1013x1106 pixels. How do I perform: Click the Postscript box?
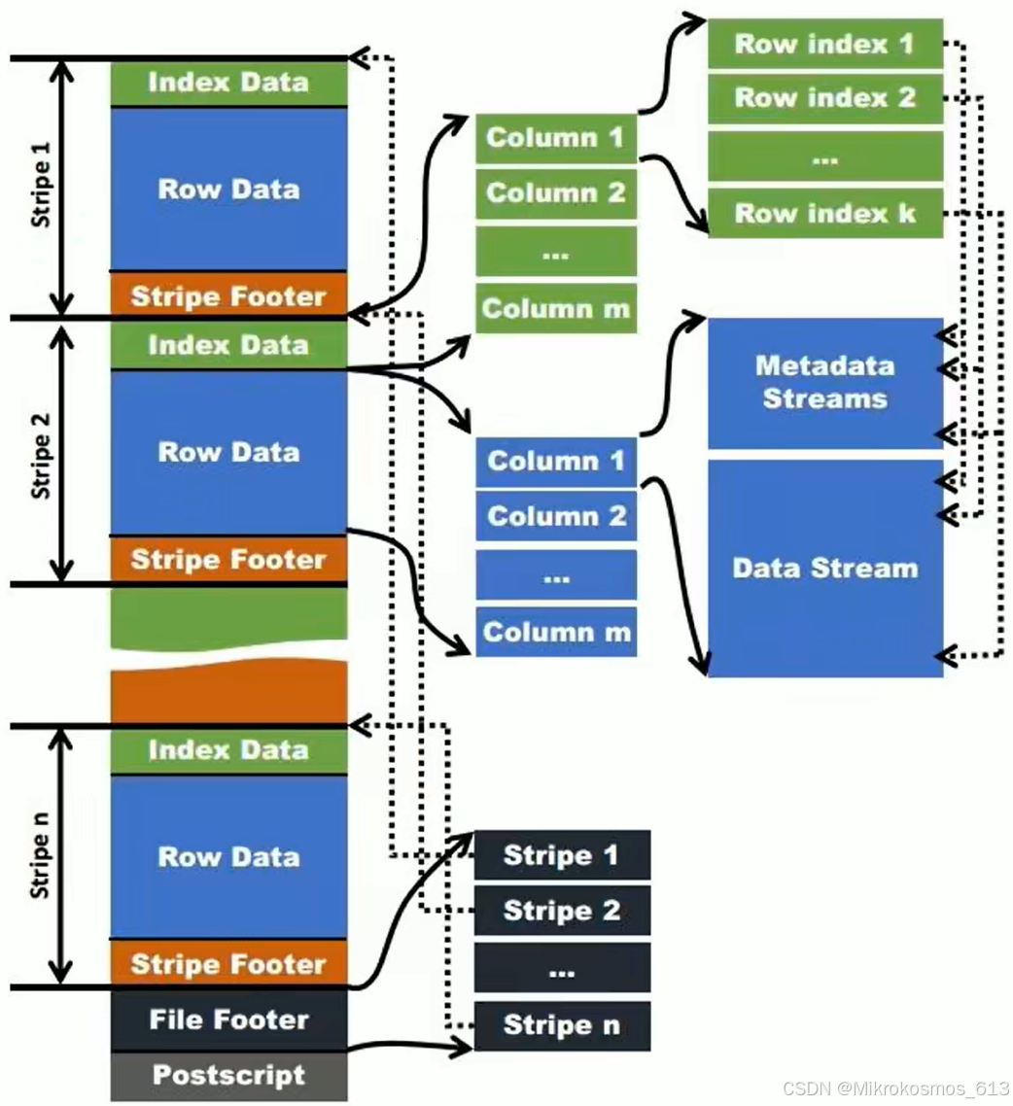coord(228,1076)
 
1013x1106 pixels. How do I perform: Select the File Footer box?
coord(228,1020)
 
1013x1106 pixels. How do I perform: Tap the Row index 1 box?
coord(824,44)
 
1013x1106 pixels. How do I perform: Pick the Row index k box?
coord(824,213)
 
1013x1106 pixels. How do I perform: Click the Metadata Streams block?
coord(824,383)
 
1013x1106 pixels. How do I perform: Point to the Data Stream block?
coord(824,569)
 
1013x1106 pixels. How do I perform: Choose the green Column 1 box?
coord(555,138)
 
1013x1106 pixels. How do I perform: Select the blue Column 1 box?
coord(555,461)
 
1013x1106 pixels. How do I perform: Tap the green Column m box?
coord(555,309)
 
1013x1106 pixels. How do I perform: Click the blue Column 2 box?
coord(555,516)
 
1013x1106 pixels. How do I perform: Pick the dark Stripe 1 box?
coord(561,856)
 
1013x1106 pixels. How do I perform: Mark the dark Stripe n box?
coord(561,1025)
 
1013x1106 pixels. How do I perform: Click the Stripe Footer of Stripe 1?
coord(228,295)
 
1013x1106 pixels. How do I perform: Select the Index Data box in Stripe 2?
coord(228,345)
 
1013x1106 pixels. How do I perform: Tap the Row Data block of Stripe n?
coord(228,857)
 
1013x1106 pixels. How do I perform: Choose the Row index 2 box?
coord(824,98)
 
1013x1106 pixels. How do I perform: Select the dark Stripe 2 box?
coord(561,912)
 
